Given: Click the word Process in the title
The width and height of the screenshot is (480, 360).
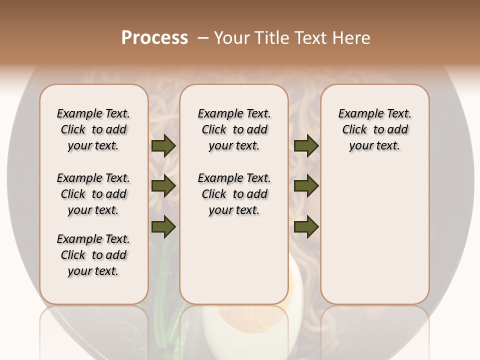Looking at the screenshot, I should pyautogui.click(x=154, y=38).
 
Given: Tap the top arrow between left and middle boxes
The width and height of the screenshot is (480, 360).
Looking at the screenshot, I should pyautogui.click(x=163, y=145).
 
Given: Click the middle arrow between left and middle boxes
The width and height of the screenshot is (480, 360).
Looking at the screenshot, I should pyautogui.click(x=163, y=186).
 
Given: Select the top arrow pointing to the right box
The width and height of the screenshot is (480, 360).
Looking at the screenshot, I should pyautogui.click(x=306, y=145).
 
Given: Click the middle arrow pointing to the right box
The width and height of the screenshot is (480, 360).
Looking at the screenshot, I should pyautogui.click(x=306, y=186).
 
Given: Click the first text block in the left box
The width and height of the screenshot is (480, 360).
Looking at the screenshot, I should pyautogui.click(x=93, y=129).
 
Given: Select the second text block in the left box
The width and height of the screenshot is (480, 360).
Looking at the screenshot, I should pyautogui.click(x=93, y=194).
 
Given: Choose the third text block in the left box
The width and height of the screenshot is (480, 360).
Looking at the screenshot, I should pyautogui.click(x=93, y=255).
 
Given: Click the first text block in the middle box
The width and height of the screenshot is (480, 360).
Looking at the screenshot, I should pyautogui.click(x=234, y=129).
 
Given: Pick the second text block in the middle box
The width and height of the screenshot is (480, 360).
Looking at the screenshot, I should pyautogui.click(x=234, y=194).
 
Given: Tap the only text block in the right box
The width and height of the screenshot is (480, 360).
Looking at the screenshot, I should pyautogui.click(x=374, y=129).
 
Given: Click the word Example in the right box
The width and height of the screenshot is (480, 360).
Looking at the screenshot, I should pyautogui.click(x=356, y=114).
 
